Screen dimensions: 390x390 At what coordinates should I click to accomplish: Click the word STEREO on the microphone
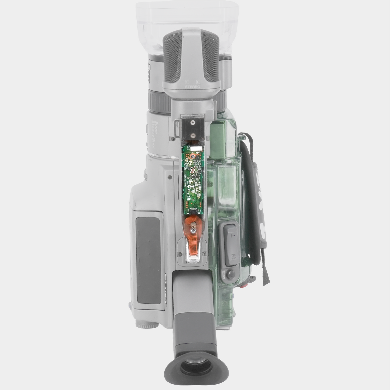(192, 87)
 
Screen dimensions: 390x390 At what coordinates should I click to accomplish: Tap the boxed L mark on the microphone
(187, 82)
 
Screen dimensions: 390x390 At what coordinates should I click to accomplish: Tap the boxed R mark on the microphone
(198, 82)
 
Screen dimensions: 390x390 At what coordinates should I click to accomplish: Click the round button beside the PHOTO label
(231, 274)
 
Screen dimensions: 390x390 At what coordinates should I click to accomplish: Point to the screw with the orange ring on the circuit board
(193, 156)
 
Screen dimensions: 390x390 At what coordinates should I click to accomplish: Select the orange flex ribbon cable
(192, 238)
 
